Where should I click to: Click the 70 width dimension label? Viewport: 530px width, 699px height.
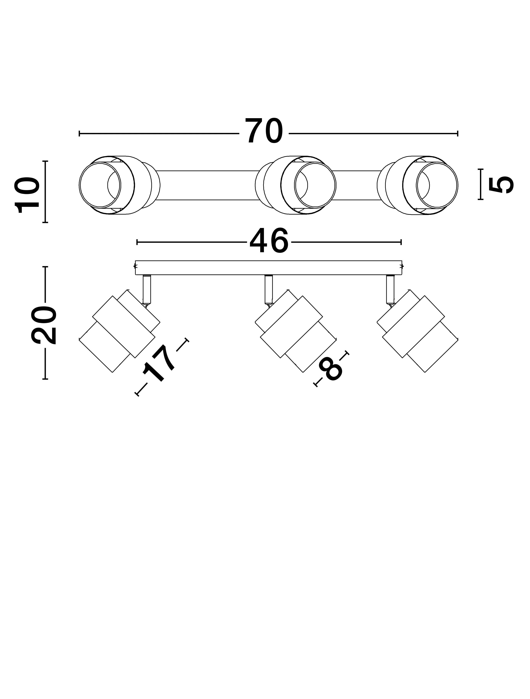tap(264, 131)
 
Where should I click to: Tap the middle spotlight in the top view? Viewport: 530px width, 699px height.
tap(296, 185)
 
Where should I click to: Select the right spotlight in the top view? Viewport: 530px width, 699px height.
tap(418, 185)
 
